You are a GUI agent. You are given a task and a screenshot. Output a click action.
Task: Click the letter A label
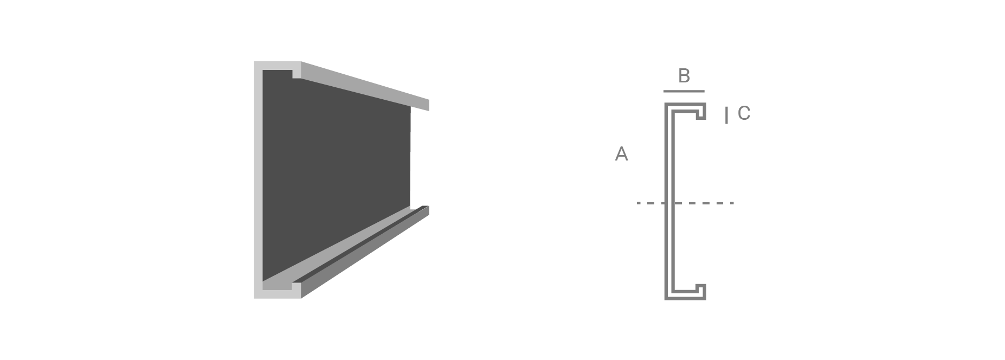pyautogui.click(x=621, y=154)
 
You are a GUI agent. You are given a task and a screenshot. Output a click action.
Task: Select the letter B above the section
pyautogui.click(x=684, y=76)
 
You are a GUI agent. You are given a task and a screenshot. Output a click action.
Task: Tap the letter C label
pyautogui.click(x=744, y=113)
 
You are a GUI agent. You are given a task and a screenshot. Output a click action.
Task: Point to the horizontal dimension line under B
pyautogui.click(x=684, y=91)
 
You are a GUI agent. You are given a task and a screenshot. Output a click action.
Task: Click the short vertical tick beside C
pyautogui.click(x=726, y=115)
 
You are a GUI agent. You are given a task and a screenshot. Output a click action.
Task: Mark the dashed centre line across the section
pyautogui.click(x=685, y=203)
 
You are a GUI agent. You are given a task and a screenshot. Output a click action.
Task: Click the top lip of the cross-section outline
pyautogui.click(x=701, y=112)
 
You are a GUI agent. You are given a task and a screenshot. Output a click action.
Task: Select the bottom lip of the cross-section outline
pyautogui.click(x=701, y=291)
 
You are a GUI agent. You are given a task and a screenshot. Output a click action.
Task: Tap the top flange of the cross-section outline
pyautogui.click(x=685, y=107)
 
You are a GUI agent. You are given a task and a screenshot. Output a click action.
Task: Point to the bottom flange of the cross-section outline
pyautogui.click(x=685, y=294)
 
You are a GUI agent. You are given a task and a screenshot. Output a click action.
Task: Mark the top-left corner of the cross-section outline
pyautogui.click(x=665, y=102)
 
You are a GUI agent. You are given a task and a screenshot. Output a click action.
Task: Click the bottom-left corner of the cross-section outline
pyautogui.click(x=665, y=299)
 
